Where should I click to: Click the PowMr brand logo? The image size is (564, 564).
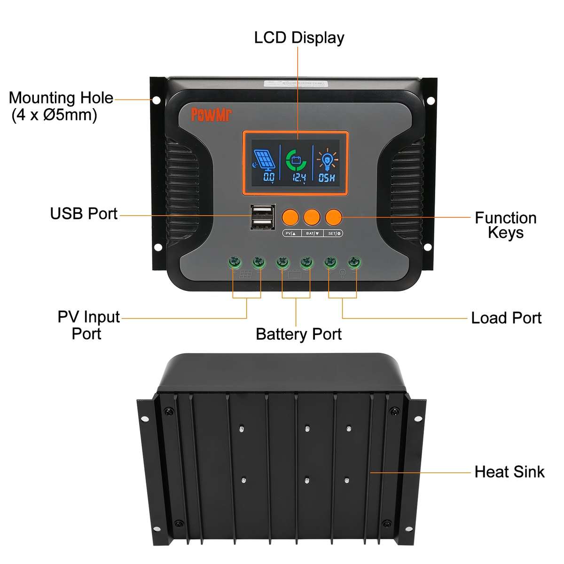click(211, 114)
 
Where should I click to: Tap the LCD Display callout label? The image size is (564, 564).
click(299, 38)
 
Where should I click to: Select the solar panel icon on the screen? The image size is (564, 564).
click(265, 160)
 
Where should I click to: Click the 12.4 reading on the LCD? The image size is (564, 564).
click(299, 177)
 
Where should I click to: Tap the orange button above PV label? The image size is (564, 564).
click(290, 217)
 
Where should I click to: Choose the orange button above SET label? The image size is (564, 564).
click(334, 217)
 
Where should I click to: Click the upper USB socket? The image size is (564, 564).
click(262, 211)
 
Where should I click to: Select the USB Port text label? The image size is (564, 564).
click(84, 213)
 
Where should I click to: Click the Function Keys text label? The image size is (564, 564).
click(505, 225)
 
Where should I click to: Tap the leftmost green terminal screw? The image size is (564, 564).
click(233, 262)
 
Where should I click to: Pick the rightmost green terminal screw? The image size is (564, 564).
click(354, 262)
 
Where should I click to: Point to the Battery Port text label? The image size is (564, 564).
click(298, 334)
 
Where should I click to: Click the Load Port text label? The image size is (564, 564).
click(506, 318)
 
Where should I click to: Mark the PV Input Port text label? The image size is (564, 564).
click(88, 325)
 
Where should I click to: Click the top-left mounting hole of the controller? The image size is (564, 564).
click(157, 100)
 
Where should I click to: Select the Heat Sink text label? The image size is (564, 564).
click(509, 472)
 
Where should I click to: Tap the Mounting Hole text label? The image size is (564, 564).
click(61, 106)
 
